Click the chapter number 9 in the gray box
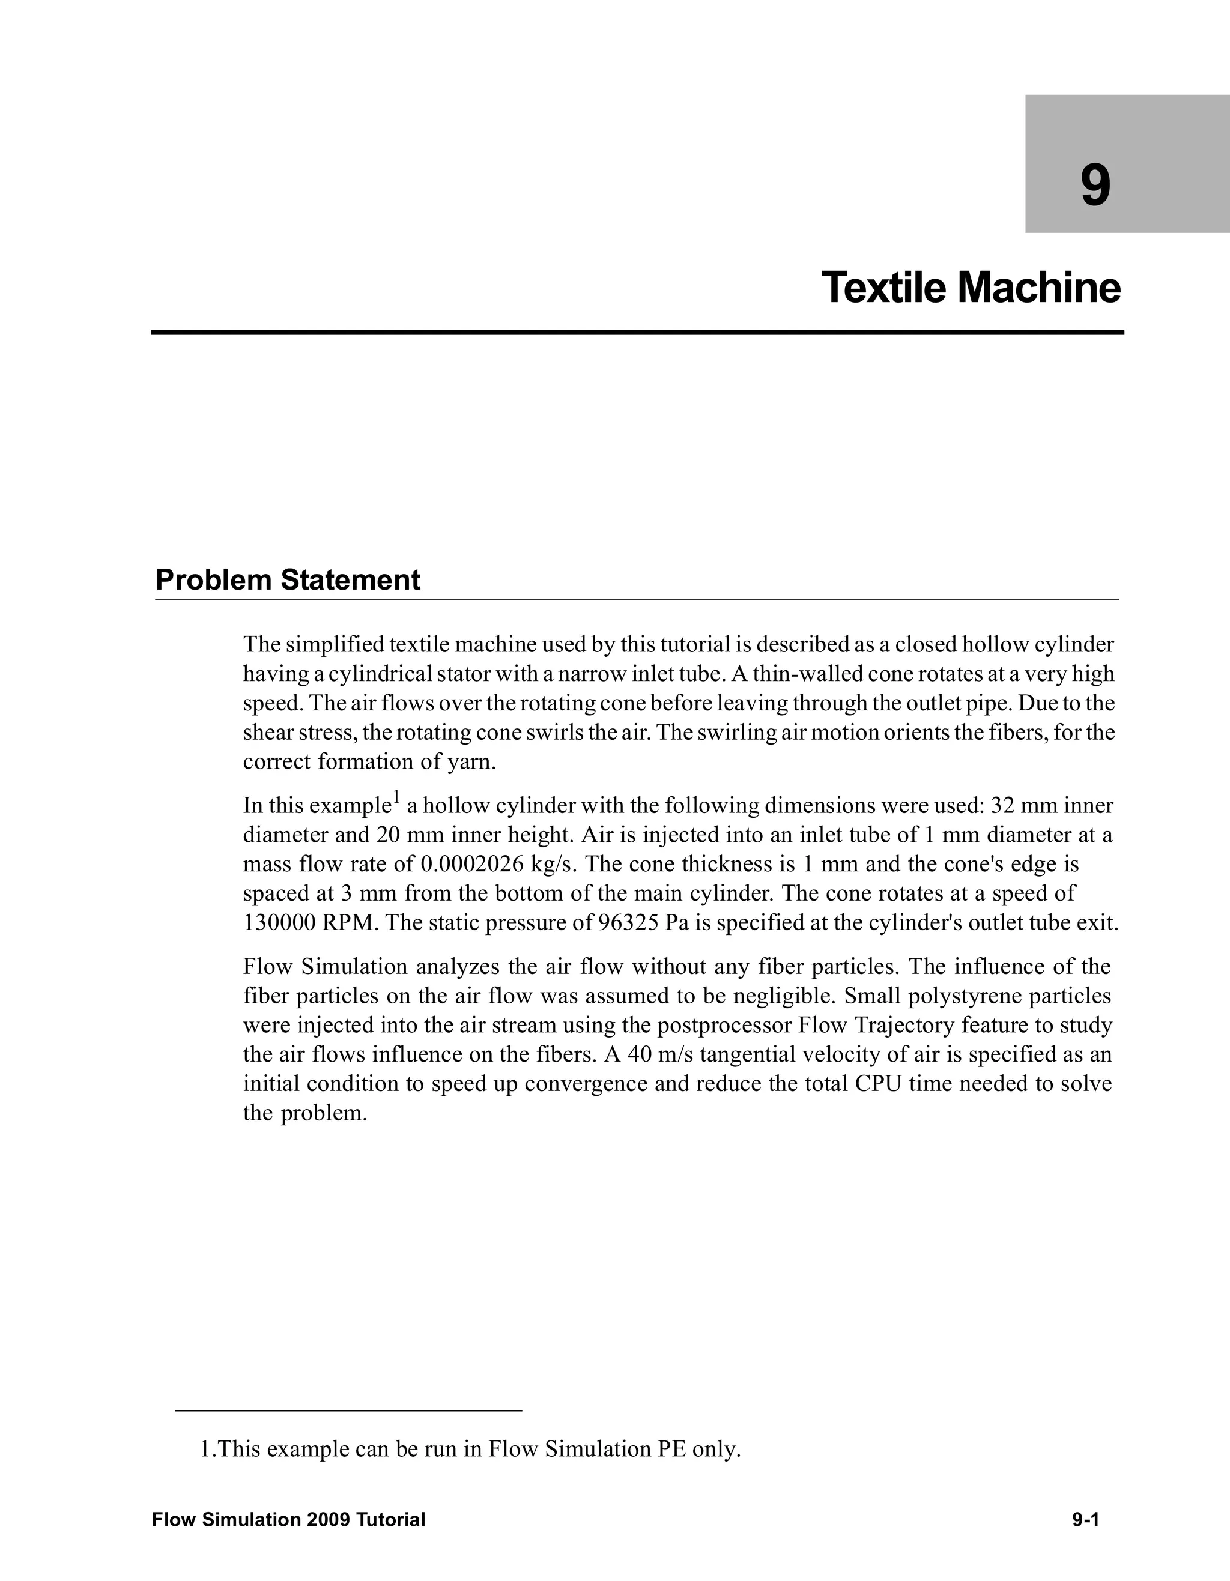[x=1095, y=187]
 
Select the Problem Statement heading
[x=288, y=581]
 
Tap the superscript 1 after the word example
[x=395, y=799]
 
